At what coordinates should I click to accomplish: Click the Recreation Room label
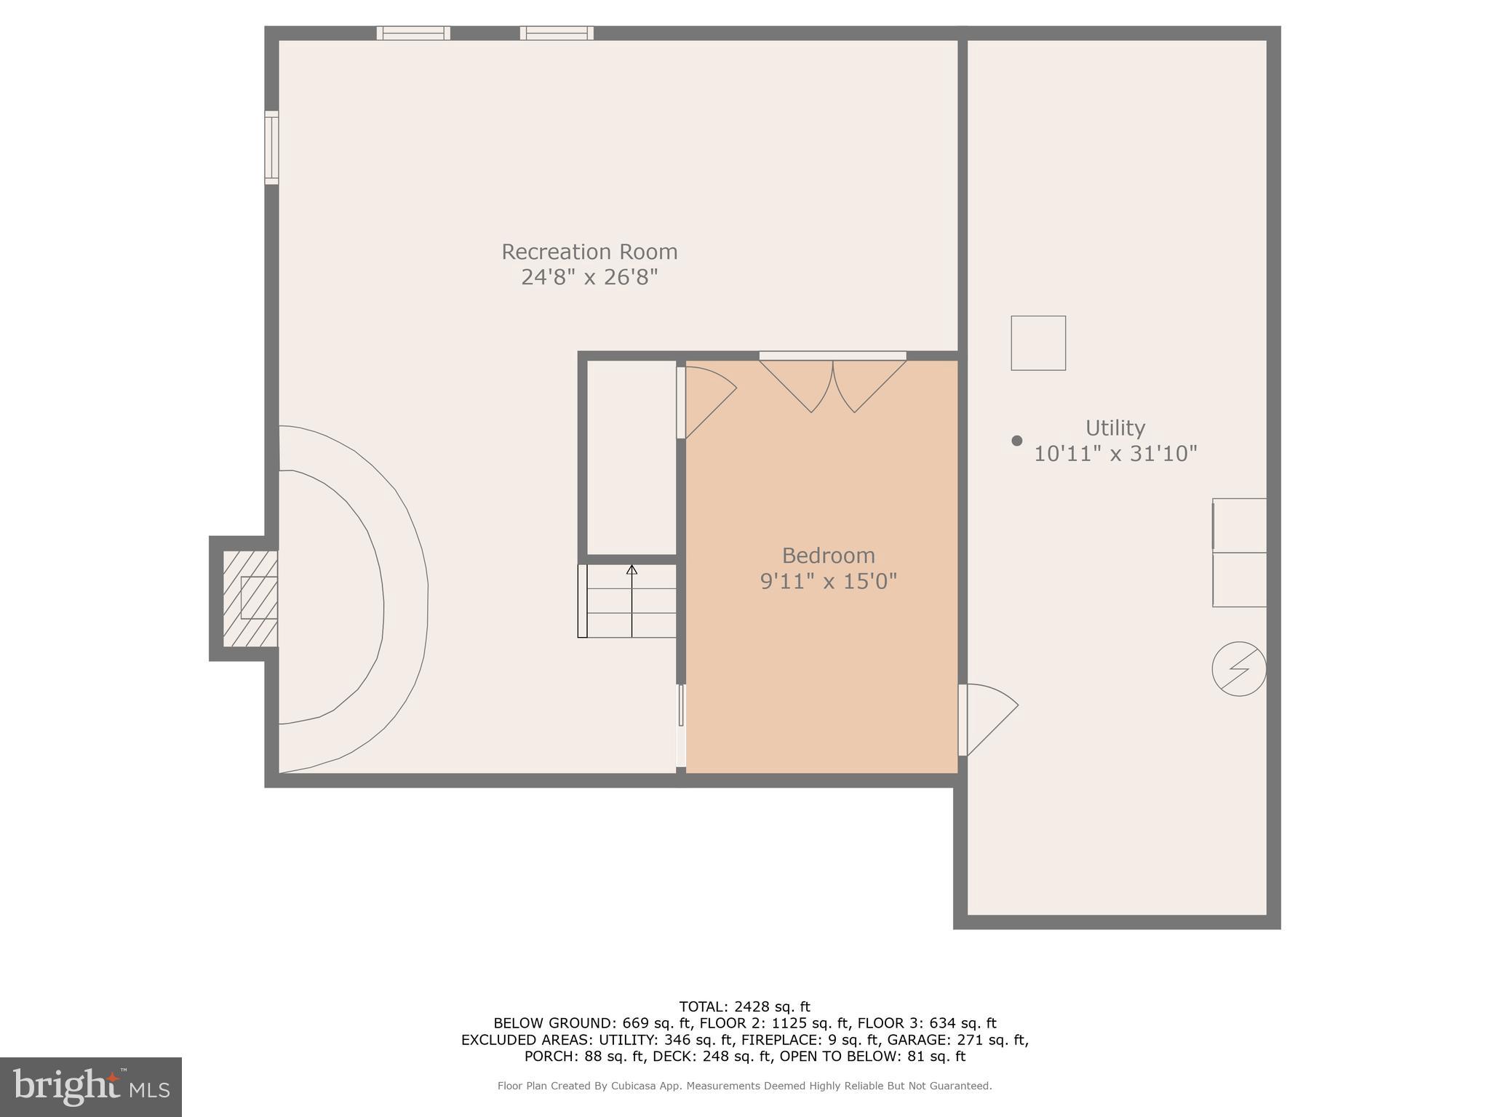[589, 252]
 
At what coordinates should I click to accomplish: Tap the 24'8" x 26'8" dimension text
[589, 278]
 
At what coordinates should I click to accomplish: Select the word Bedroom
[828, 556]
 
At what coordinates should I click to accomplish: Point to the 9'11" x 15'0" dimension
[828, 582]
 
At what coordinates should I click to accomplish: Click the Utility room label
[1115, 428]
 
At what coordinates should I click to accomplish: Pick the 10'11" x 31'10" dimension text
[1115, 454]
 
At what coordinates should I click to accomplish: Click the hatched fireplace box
[250, 598]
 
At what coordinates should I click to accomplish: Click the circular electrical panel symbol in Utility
[1238, 668]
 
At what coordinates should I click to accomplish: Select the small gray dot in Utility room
[1016, 441]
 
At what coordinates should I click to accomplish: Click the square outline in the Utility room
[1037, 343]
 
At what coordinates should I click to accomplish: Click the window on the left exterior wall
[271, 148]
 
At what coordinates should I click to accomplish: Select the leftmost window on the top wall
[413, 33]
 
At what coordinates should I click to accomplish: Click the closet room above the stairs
[631, 457]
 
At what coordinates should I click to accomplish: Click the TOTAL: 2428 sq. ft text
[744, 1006]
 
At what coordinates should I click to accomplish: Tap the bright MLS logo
[91, 1086]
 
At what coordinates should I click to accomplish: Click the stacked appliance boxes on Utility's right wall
[1238, 553]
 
